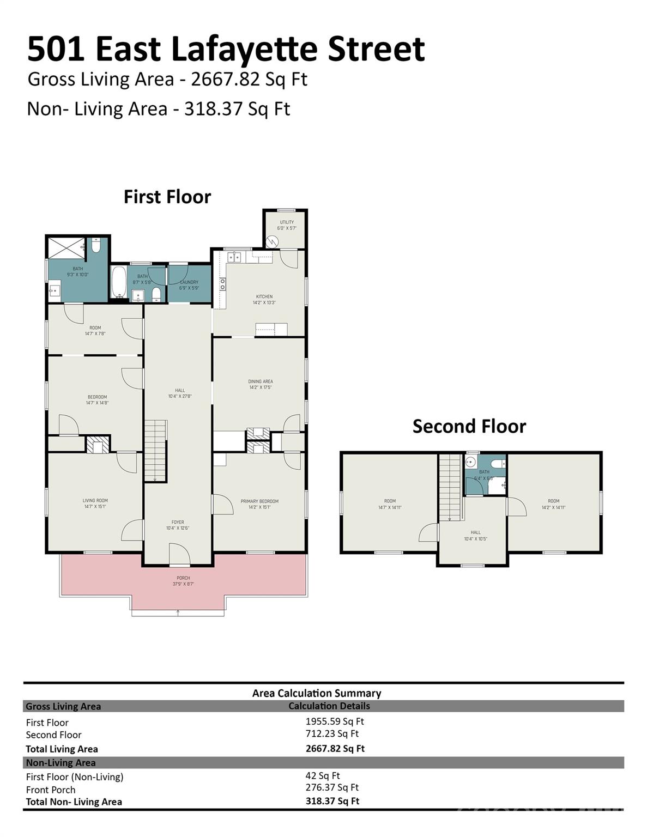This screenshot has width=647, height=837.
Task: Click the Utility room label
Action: tap(287, 225)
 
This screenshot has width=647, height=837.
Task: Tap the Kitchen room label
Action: tap(264, 299)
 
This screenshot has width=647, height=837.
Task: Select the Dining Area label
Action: tap(261, 384)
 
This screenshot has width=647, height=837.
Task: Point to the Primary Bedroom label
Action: tap(259, 504)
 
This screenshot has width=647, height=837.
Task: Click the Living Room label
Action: tap(95, 503)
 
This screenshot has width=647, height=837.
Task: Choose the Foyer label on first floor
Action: tap(178, 525)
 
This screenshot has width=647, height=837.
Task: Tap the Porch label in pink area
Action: tap(183, 580)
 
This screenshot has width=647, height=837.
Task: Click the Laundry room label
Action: tap(189, 284)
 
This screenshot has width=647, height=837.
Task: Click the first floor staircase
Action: tap(155, 450)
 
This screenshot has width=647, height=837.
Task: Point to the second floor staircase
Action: tap(451, 487)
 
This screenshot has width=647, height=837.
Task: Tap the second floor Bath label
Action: tap(484, 475)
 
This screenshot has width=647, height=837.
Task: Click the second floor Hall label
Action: tap(476, 535)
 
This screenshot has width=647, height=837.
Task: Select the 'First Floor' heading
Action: tap(167, 197)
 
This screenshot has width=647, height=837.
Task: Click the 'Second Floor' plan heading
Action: tap(469, 426)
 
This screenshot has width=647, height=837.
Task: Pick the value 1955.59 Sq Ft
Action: tap(335, 721)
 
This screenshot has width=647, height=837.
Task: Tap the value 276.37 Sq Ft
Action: tap(332, 787)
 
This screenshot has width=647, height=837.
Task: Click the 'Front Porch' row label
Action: tap(51, 790)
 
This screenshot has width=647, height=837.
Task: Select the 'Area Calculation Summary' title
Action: tap(316, 693)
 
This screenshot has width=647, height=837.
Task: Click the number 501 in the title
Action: tap(56, 49)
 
